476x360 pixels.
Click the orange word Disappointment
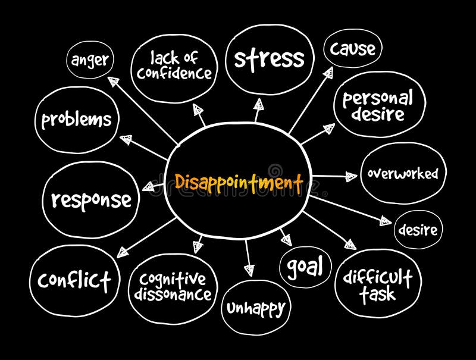(x=239, y=181)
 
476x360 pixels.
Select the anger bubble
(x=91, y=60)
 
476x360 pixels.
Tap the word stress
(x=269, y=59)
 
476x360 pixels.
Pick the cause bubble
(x=353, y=49)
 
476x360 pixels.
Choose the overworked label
(x=402, y=174)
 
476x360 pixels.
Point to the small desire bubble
(x=418, y=230)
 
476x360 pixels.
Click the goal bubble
(x=305, y=266)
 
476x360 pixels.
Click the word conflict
(x=74, y=279)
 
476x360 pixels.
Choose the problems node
(x=76, y=120)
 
